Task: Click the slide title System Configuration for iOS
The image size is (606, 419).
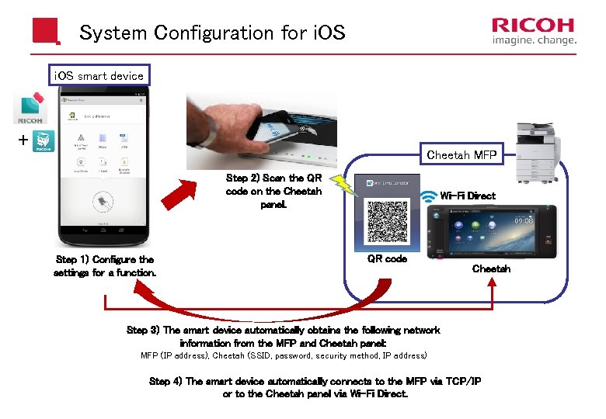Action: click(x=212, y=33)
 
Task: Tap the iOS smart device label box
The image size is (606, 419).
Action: click(x=98, y=75)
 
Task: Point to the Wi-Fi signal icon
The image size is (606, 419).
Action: click(x=429, y=196)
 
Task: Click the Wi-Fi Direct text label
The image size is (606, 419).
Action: click(x=468, y=196)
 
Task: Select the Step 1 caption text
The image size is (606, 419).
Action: click(x=105, y=266)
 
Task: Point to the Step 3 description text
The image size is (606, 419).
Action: click(x=283, y=336)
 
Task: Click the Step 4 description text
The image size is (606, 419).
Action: click(x=315, y=387)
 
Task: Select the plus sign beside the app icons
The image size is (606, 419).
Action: click(x=23, y=140)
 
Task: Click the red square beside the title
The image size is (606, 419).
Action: click(x=45, y=32)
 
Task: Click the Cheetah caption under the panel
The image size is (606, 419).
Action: click(x=491, y=268)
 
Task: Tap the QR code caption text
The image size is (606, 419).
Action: click(x=387, y=259)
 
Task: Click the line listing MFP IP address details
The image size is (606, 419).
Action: click(x=283, y=356)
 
